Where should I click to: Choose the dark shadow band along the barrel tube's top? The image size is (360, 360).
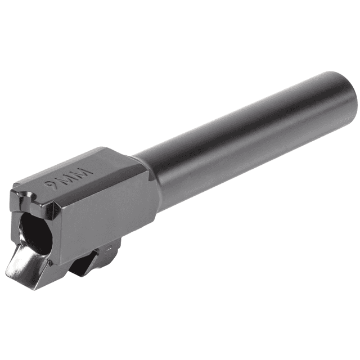[236, 115]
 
